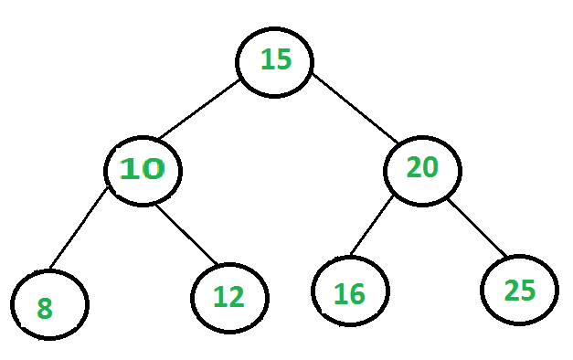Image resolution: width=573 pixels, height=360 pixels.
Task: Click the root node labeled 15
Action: click(x=275, y=60)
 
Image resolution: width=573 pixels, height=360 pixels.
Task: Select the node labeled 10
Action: click(x=142, y=169)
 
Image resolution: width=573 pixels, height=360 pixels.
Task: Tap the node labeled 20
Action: click(x=422, y=168)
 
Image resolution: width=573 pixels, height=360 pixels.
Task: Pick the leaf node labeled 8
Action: click(x=50, y=304)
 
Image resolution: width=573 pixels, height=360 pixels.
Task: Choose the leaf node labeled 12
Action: click(x=230, y=295)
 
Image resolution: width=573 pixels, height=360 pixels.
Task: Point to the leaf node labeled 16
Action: click(x=350, y=292)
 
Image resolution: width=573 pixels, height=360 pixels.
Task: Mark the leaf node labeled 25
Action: click(x=519, y=290)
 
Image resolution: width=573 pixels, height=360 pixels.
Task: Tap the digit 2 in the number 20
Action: click(x=413, y=168)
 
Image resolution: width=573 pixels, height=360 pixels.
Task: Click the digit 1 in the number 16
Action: click(x=339, y=294)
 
